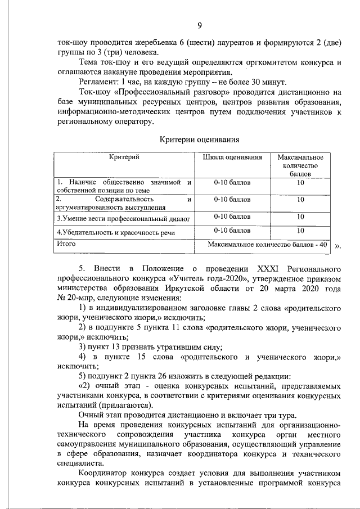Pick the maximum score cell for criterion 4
300,230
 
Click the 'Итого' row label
66,244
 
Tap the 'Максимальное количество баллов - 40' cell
267,245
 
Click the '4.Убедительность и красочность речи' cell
116,232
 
